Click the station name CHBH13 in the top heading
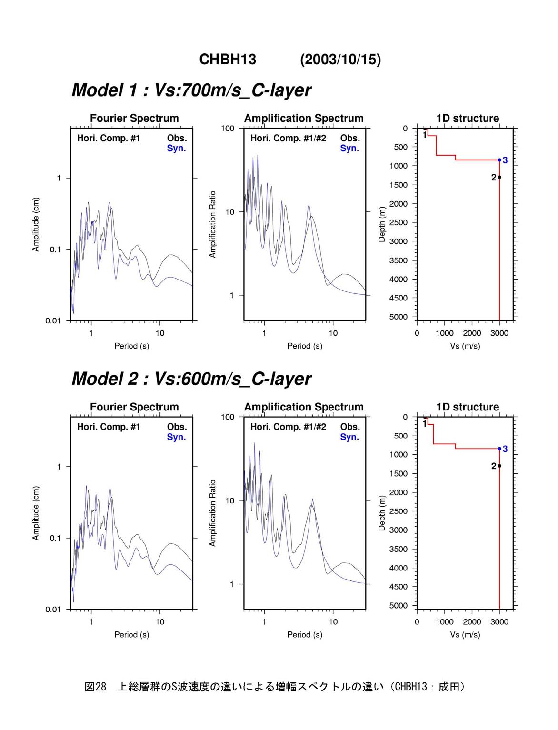click(228, 60)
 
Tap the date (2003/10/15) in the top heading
click(340, 60)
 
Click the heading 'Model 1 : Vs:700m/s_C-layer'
click(191, 90)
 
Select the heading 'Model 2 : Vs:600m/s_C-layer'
click(191, 379)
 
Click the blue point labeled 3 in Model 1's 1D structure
click(499, 160)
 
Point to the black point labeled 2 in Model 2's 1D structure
click(499, 466)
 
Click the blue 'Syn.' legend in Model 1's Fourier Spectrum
click(176, 148)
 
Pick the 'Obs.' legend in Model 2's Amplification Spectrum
click(350, 427)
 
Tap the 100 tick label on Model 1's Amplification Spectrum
click(228, 129)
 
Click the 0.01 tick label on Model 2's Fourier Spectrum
click(53, 609)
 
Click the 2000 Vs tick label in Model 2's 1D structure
click(472, 622)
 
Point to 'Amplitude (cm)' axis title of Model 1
click(36, 224)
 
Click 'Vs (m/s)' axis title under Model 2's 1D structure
click(465, 635)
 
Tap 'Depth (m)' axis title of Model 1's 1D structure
click(382, 224)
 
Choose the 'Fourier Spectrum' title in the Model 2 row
click(134, 407)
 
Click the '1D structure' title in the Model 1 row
click(468, 118)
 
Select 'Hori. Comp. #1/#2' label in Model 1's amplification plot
click(288, 138)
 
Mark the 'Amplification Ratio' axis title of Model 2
click(212, 513)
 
